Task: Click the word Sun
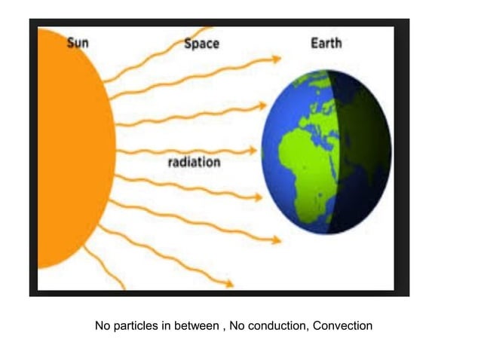coord(78,43)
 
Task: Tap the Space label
coord(201,43)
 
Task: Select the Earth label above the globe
coord(326,42)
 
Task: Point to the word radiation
coord(194,162)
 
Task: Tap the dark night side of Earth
coord(362,151)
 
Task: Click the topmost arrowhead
coord(278,58)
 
